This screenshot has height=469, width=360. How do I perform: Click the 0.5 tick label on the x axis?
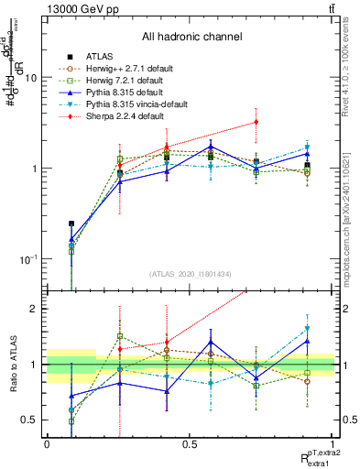click(x=190, y=443)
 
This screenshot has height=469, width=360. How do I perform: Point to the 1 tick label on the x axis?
click(x=333, y=443)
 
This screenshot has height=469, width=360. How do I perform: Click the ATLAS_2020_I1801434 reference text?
click(x=191, y=275)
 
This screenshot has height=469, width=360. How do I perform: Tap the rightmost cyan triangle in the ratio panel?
click(x=308, y=328)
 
